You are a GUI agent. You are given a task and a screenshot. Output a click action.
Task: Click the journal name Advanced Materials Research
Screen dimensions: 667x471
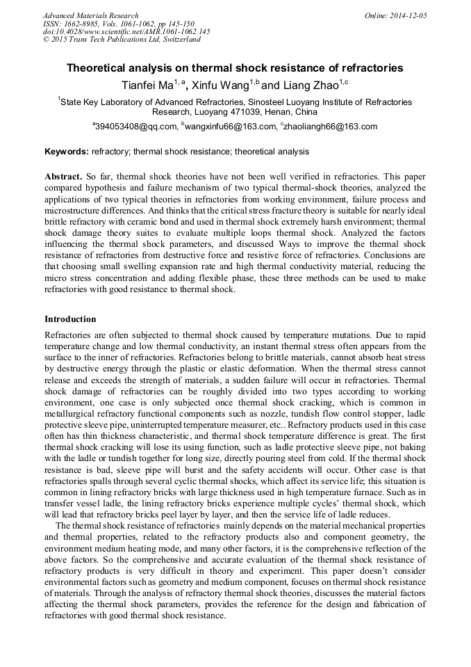(x=90, y=15)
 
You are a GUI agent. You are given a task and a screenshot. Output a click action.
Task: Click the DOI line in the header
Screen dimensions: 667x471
(x=126, y=31)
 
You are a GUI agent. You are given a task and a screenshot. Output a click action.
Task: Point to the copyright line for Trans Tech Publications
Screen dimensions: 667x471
(x=122, y=40)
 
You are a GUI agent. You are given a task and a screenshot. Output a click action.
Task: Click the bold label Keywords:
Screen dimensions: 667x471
(x=67, y=151)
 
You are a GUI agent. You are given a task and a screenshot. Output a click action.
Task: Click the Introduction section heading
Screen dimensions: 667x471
(x=70, y=319)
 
